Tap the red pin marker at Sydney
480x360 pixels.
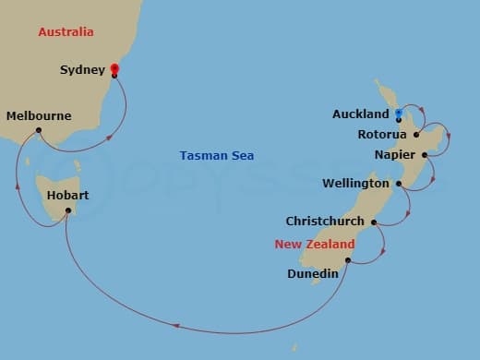pyautogui.click(x=114, y=68)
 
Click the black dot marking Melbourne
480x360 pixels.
pyautogui.click(x=39, y=130)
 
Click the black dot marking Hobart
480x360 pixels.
pyautogui.click(x=68, y=211)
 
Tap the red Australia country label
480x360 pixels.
pyautogui.click(x=66, y=32)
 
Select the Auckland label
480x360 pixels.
pyautogui.click(x=361, y=114)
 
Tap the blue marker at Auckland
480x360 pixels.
pyautogui.click(x=398, y=114)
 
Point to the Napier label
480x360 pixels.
pyautogui.click(x=395, y=155)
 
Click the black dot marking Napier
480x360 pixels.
pyautogui.click(x=425, y=155)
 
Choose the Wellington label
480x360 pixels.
pyautogui.click(x=355, y=184)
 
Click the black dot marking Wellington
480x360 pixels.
pyautogui.click(x=399, y=184)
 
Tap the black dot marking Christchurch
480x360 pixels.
pyautogui.click(x=374, y=222)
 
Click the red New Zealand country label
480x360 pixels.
pyautogui.click(x=315, y=245)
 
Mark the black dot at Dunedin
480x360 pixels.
pyautogui.click(x=348, y=260)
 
